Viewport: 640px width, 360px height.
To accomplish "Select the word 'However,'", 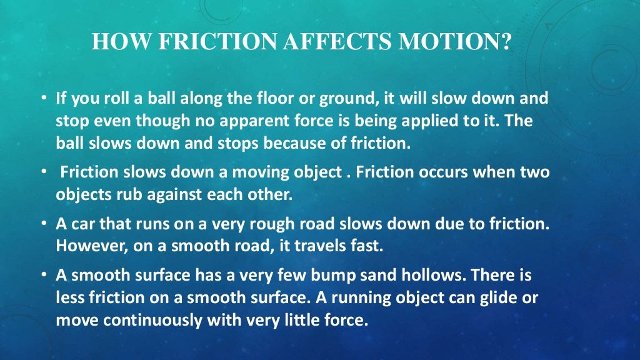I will point(86,245).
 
